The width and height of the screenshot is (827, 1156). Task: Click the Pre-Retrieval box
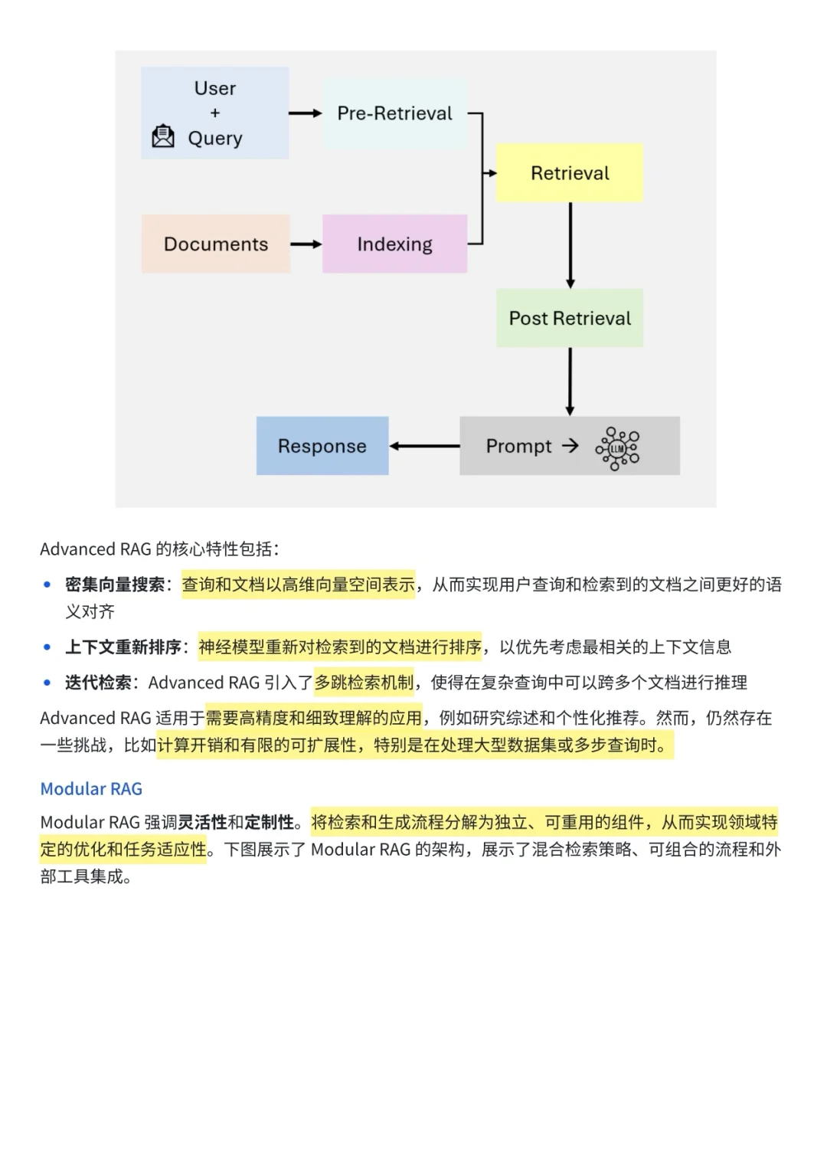coord(394,113)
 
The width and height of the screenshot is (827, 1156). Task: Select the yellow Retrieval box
coord(570,173)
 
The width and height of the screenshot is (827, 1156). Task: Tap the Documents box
coord(216,244)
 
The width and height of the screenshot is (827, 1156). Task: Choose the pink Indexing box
coord(394,244)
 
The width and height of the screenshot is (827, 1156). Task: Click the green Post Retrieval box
coord(570,318)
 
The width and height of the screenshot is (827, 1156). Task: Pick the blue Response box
coord(322,446)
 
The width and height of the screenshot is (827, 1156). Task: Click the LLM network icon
coord(618,448)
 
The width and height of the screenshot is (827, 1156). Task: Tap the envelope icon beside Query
coord(163,136)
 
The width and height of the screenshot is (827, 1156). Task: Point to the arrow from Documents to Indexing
coord(306,244)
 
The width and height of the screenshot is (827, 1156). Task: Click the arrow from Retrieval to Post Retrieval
coord(570,245)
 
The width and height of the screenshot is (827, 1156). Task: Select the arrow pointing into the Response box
coord(424,446)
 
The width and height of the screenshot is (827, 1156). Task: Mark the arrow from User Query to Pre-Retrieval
coord(306,113)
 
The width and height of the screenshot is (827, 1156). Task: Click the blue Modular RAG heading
coord(91,789)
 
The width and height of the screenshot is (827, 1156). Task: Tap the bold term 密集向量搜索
coord(115,585)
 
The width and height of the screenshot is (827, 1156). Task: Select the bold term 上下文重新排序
coord(123,647)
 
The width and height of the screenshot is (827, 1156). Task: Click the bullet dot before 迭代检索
coord(47,683)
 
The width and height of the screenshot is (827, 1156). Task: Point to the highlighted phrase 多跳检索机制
coord(364,683)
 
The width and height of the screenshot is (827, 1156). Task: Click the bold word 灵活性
coord(202,823)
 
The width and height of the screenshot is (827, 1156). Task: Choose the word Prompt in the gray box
coord(518,446)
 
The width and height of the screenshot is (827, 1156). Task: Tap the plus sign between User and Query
coord(215,113)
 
